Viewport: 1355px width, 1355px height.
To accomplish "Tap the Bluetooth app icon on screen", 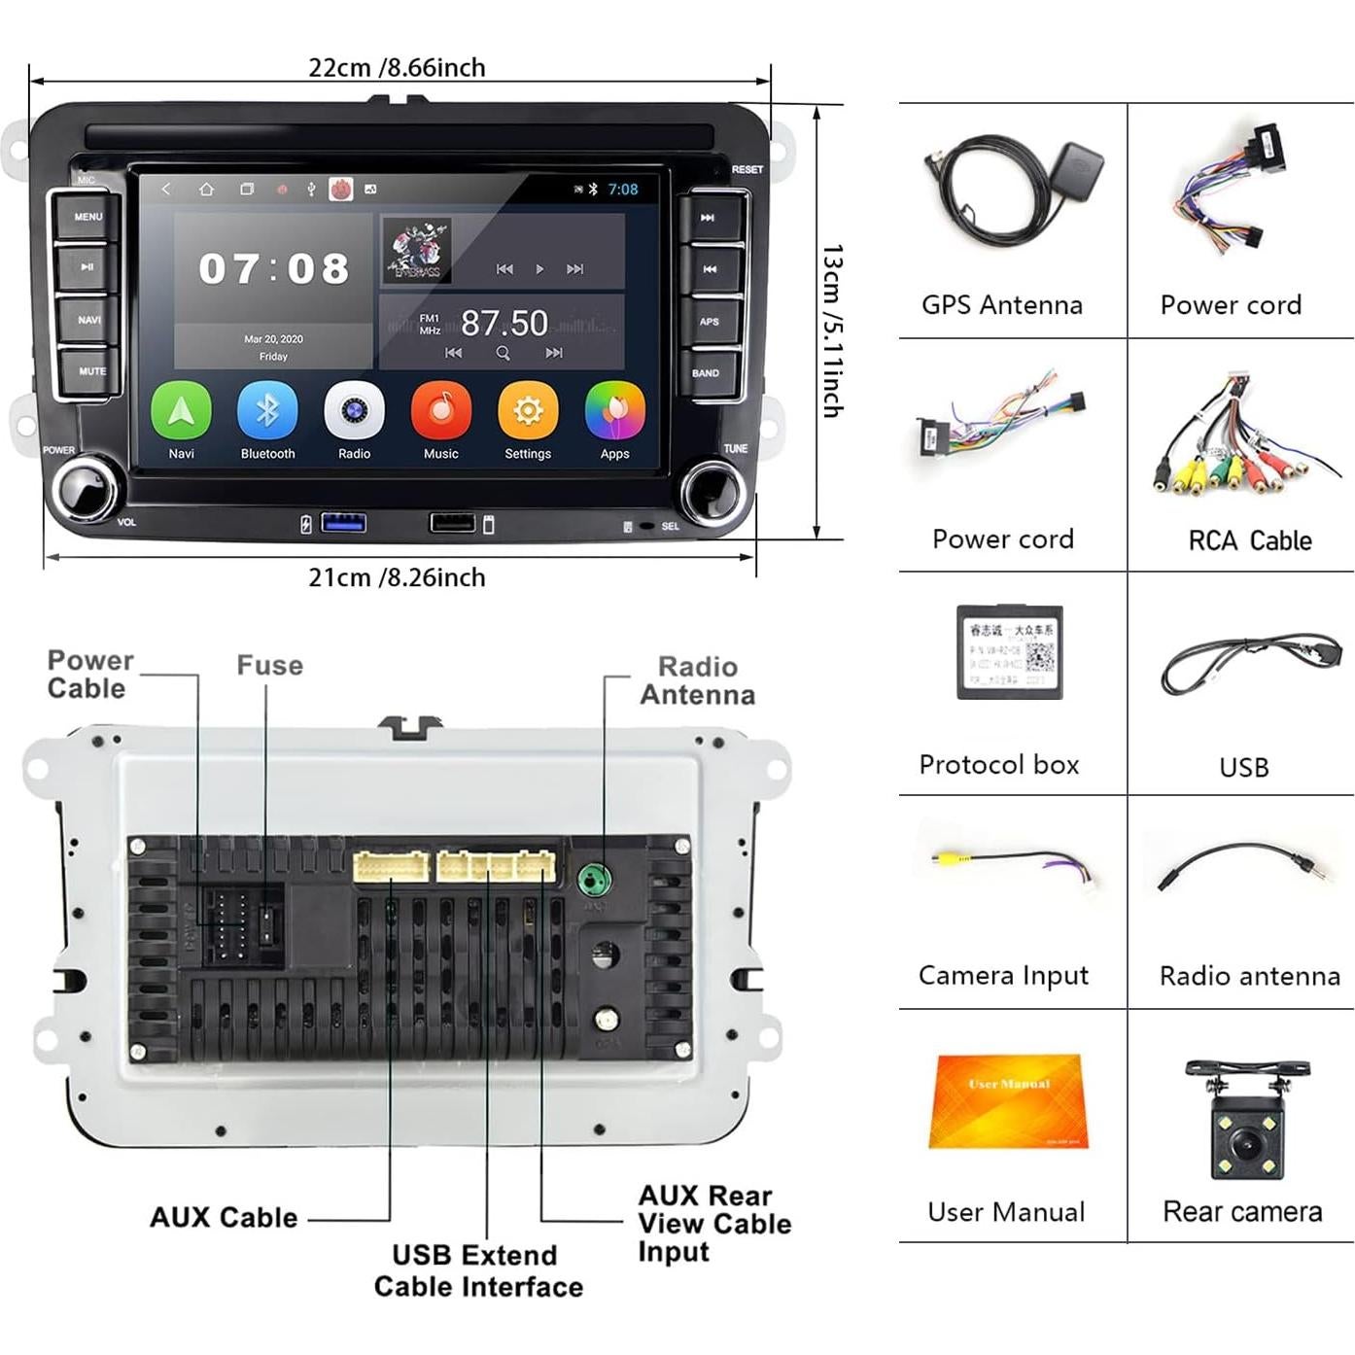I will pyautogui.click(x=267, y=411).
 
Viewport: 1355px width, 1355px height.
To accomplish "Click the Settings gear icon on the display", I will pyautogui.click(x=528, y=411).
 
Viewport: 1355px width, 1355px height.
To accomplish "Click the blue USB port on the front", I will pyautogui.click(x=344, y=523).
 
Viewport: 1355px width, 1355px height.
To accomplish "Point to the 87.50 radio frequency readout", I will pyautogui.click(x=504, y=323).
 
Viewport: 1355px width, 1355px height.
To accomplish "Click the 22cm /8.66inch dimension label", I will pyautogui.click(x=397, y=68).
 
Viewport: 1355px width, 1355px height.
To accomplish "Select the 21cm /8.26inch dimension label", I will pyautogui.click(x=397, y=577).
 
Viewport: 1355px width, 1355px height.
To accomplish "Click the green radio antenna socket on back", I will pyautogui.click(x=594, y=881).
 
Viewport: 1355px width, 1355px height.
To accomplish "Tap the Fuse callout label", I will pyautogui.click(x=270, y=666).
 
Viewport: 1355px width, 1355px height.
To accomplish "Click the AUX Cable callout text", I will pyautogui.click(x=224, y=1217).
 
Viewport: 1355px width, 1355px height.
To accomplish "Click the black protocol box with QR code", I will pyautogui.click(x=1010, y=651).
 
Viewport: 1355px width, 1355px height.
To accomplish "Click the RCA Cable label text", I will pyautogui.click(x=1250, y=540).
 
